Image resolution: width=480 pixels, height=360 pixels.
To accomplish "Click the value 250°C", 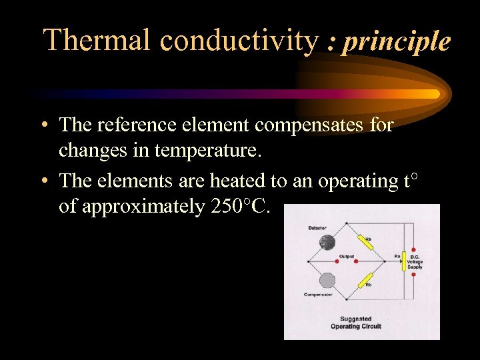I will pos(241,207).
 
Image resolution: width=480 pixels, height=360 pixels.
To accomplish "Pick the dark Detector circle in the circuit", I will pos(327,245).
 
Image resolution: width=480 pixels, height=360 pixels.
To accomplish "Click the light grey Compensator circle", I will pos(327,280).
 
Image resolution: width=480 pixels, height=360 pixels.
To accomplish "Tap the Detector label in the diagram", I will pos(317,229).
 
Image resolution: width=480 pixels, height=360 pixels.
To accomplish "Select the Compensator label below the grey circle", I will pos(319,294).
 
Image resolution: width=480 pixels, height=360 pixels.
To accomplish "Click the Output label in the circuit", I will pos(347,255).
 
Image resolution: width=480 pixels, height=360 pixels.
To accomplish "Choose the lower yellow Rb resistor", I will pos(364,279).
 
